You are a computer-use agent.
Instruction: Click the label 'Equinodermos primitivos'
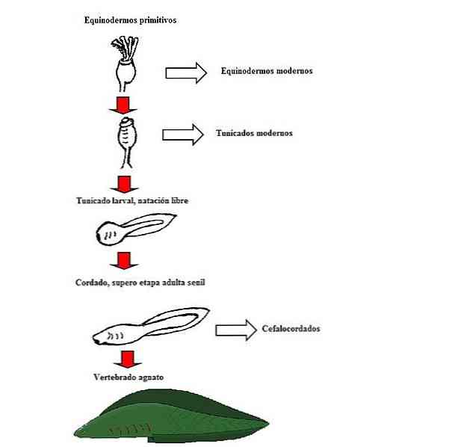coord(130,20)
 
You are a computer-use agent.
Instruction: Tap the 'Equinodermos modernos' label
coord(267,71)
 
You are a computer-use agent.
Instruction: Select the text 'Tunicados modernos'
coord(254,133)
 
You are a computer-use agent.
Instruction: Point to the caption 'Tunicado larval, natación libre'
coord(132,200)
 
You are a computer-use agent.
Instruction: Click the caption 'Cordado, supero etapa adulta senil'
coord(140,283)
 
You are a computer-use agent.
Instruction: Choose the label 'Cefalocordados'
coord(291,328)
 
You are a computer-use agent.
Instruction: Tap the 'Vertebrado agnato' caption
coord(129,377)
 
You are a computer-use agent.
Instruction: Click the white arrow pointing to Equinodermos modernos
coord(186,73)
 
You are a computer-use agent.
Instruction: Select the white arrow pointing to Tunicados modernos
coord(183,135)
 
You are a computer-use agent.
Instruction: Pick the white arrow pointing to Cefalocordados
coord(236,330)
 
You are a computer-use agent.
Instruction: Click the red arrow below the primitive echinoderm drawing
coord(123,105)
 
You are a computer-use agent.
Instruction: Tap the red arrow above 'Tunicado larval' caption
coord(124,185)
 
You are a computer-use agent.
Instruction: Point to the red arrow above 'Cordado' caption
coord(124,261)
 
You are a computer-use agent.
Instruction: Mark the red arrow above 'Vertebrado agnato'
coord(128,359)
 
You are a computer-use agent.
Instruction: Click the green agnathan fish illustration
coord(171,416)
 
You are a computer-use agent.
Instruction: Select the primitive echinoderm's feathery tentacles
coord(125,47)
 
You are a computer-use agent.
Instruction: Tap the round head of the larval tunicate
coord(108,233)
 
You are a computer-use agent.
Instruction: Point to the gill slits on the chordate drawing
coord(116,336)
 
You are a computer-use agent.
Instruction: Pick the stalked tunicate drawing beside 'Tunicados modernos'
coord(127,143)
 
